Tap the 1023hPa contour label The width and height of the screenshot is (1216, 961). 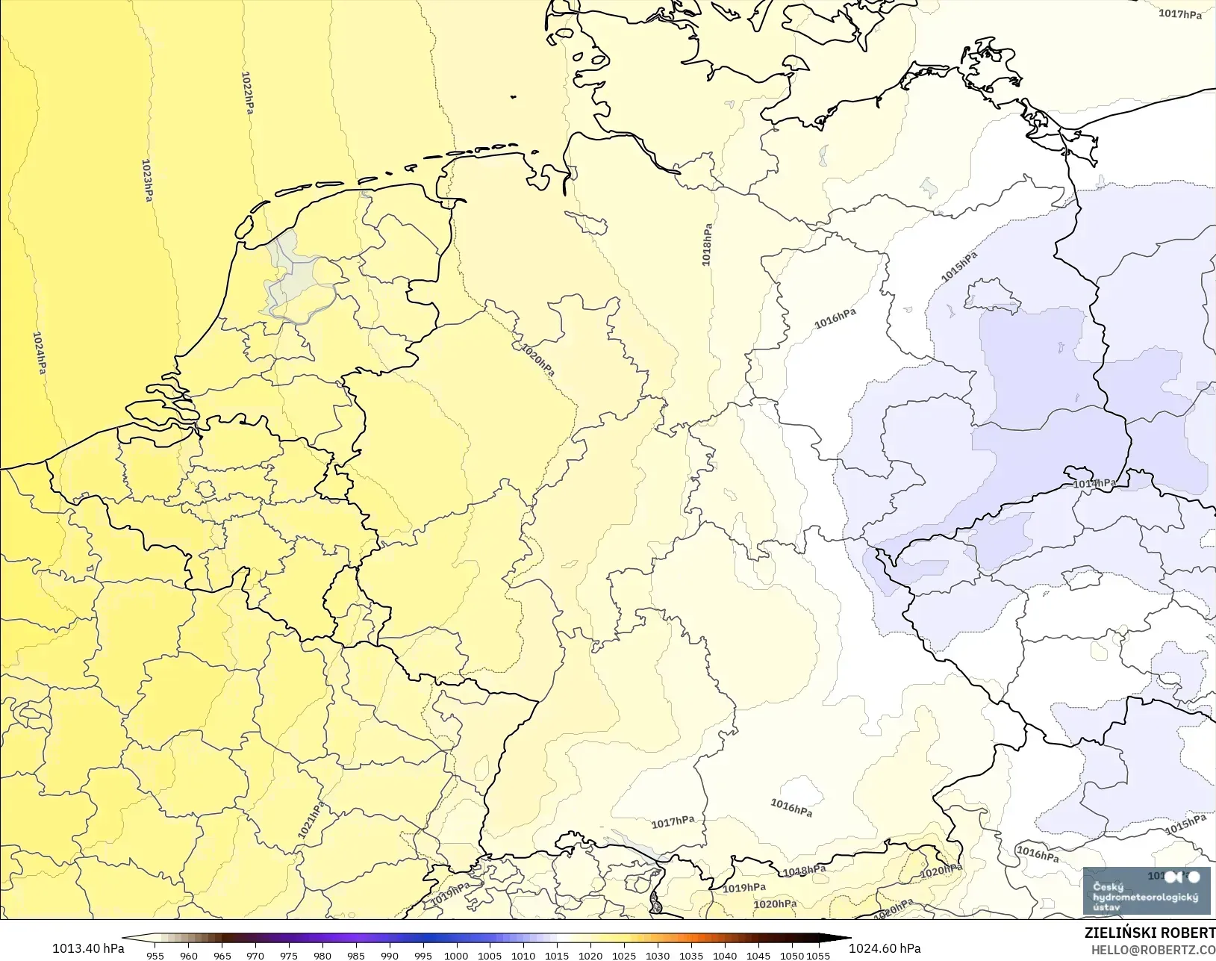pyautogui.click(x=148, y=181)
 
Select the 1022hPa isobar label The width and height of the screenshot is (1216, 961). pyautogui.click(x=247, y=93)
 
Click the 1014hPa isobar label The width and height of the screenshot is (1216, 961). pyautogui.click(x=1094, y=484)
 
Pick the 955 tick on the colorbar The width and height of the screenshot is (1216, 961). pyautogui.click(x=155, y=955)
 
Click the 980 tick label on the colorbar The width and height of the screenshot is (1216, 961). pyautogui.click(x=322, y=955)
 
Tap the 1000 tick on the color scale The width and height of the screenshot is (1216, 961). pyautogui.click(x=456, y=955)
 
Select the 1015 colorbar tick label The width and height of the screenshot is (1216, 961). pyautogui.click(x=557, y=955)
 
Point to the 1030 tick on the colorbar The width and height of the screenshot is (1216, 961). pyautogui.click(x=657, y=955)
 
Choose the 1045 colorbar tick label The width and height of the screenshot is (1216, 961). pyautogui.click(x=758, y=955)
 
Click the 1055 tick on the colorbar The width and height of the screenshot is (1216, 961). pyautogui.click(x=818, y=955)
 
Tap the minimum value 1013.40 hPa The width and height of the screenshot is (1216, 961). pyautogui.click(x=88, y=948)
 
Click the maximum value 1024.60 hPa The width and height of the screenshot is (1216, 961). pyautogui.click(x=885, y=948)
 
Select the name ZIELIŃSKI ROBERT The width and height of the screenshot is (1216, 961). pyautogui.click(x=1150, y=934)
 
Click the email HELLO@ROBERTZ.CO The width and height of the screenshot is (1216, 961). pyautogui.click(x=1153, y=950)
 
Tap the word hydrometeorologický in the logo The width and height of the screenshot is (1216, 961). pyautogui.click(x=1145, y=897)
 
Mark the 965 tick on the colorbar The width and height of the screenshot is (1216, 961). pyautogui.click(x=222, y=955)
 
